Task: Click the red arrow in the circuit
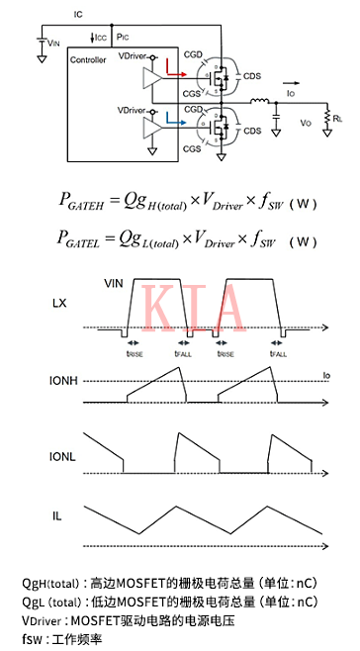point(177,73)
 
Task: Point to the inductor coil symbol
point(259,102)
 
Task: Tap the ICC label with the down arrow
point(98,38)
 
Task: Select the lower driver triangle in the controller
point(150,126)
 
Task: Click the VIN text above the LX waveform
point(117,283)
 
